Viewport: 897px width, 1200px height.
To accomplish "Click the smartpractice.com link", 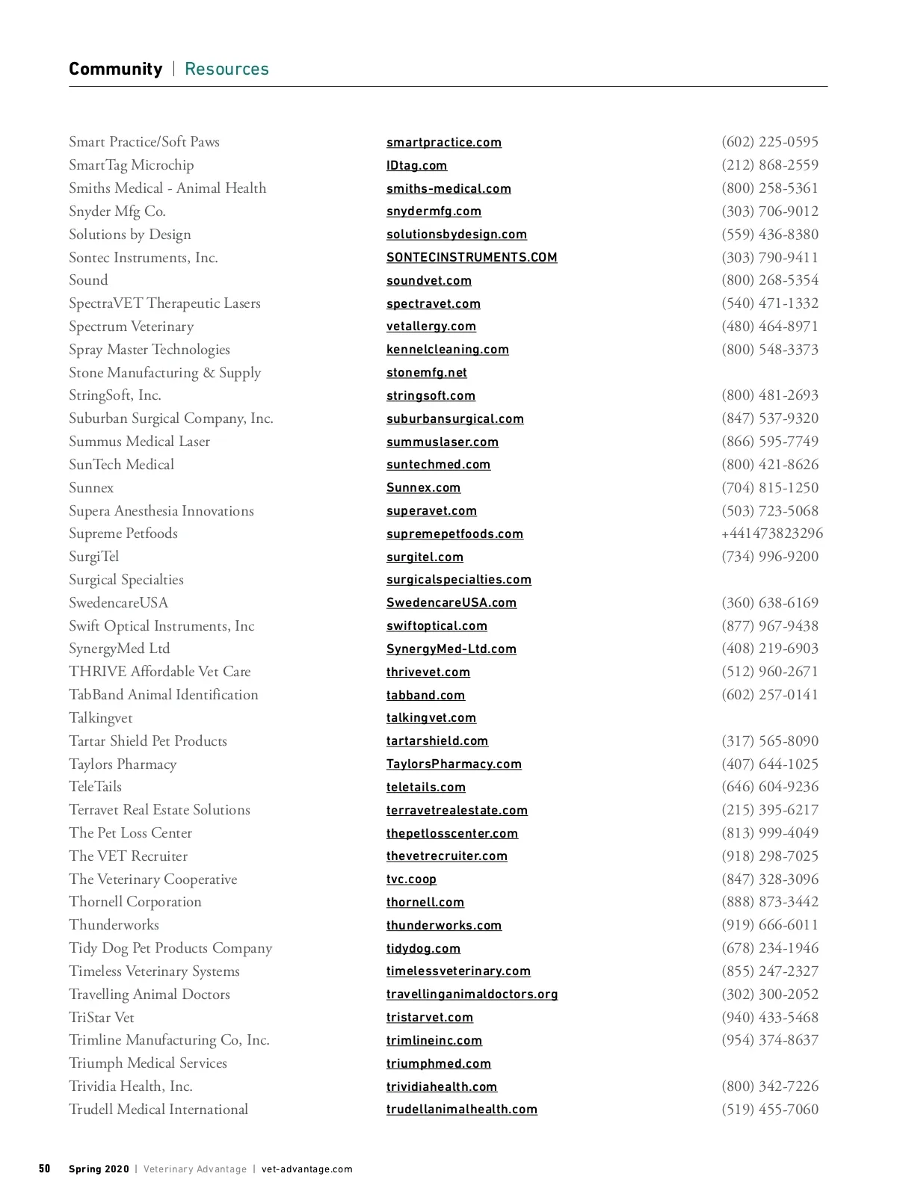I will (443, 143).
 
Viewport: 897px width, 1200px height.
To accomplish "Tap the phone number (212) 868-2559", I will (769, 165).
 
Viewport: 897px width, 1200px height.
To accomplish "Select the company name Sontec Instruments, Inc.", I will (144, 258).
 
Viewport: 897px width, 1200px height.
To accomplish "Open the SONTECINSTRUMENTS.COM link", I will (471, 258).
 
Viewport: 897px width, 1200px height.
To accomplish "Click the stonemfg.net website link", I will (426, 373).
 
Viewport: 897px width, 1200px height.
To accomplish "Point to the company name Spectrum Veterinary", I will (131, 327).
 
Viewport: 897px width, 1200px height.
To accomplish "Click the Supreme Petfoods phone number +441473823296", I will (771, 533).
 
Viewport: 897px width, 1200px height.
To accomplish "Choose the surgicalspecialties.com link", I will (458, 580).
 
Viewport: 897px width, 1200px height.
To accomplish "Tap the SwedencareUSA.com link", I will (451, 603).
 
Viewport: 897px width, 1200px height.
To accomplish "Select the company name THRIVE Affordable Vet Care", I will (159, 672).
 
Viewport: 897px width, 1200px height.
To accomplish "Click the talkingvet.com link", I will (431, 718).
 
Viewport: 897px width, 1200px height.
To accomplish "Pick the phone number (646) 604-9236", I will (769, 787).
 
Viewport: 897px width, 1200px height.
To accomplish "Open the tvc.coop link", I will (411, 879).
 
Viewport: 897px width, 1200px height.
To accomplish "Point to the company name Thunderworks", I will (114, 925).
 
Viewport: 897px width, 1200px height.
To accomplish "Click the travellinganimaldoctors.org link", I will (472, 995).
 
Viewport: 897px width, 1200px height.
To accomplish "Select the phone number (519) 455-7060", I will (769, 1110).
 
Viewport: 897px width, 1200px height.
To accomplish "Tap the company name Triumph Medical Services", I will (147, 1063).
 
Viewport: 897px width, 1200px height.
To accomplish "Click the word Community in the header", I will (115, 69).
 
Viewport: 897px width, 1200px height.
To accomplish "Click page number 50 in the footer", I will (45, 1169).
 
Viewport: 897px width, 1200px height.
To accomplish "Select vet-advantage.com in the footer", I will (306, 1169).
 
